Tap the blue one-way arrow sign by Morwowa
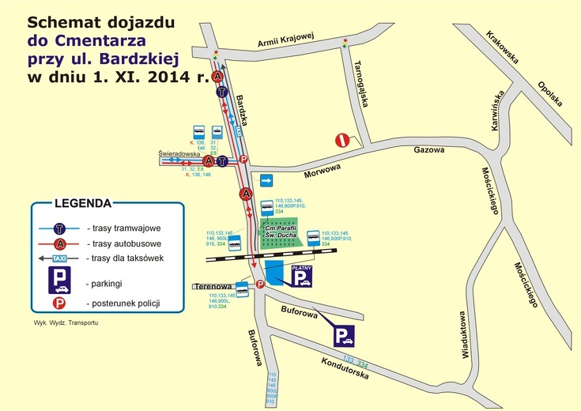266,180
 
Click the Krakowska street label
504,48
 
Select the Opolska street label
549,94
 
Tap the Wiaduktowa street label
462,339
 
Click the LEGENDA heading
83,202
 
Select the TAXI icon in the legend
59,258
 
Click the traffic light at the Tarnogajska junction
344,44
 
